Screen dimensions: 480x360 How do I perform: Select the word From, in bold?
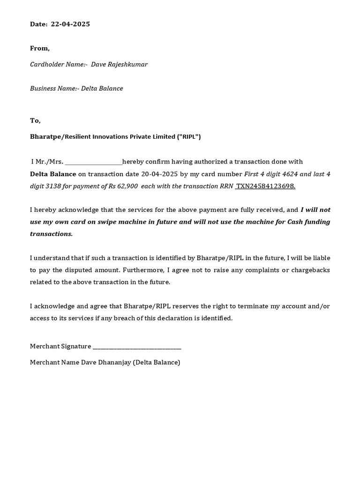tap(40, 48)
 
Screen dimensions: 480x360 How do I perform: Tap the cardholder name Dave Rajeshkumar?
tap(119, 64)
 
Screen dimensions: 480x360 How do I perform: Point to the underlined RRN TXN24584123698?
tap(265, 186)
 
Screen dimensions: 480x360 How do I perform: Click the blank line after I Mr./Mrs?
tap(93, 162)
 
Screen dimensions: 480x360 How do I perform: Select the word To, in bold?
tap(36, 120)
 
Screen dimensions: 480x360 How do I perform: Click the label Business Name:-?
tap(54, 88)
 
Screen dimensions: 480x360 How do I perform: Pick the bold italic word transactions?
tap(52, 234)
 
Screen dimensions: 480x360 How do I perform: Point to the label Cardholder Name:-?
tap(59, 64)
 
